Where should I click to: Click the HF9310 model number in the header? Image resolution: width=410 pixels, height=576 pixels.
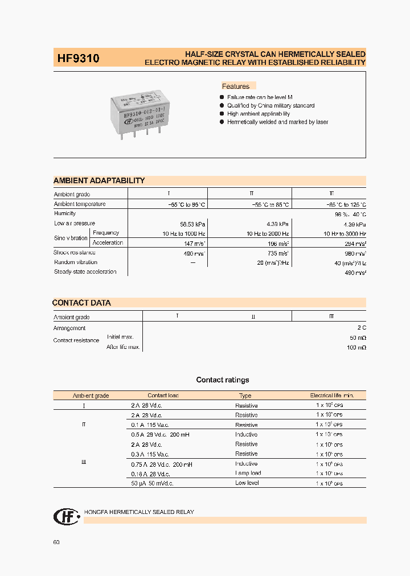(x=78, y=58)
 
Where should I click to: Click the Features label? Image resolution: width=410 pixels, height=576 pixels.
(x=236, y=87)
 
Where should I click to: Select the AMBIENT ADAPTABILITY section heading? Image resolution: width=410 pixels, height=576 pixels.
(x=99, y=180)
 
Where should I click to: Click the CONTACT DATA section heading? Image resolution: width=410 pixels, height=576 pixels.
(x=81, y=303)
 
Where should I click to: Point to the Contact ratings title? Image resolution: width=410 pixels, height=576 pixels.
(x=223, y=380)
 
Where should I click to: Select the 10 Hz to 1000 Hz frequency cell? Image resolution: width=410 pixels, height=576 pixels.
(x=183, y=233)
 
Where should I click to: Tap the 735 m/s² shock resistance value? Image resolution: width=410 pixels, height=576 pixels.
(x=277, y=253)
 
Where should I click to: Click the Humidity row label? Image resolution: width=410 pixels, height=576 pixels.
(x=65, y=213)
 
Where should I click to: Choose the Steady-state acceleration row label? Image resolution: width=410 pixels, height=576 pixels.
(x=85, y=272)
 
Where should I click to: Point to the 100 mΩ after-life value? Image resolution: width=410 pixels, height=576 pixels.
(x=356, y=347)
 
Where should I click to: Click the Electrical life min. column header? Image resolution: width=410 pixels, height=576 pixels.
(x=332, y=396)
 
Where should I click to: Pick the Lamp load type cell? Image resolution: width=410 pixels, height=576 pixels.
(x=248, y=474)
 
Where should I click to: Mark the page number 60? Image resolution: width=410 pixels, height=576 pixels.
(x=56, y=542)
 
